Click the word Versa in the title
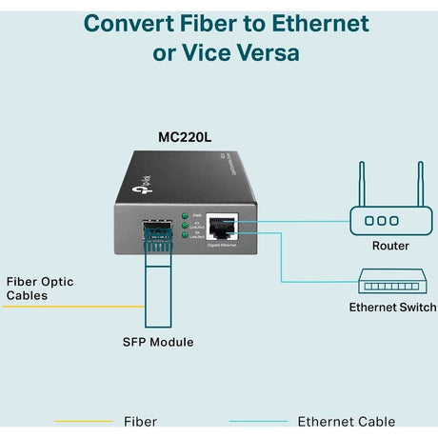tap(263, 52)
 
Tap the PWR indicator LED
tap(183, 217)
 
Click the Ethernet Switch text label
tap(392, 308)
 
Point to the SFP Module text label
tap(157, 342)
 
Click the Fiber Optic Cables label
tap(39, 289)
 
